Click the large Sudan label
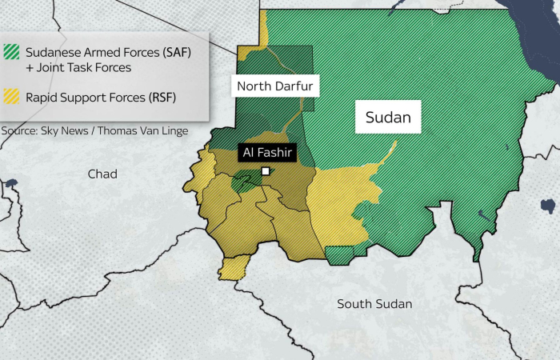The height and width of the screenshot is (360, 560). (388, 119)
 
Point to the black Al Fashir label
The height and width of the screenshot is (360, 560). (267, 152)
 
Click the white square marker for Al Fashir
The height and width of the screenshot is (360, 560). (265, 170)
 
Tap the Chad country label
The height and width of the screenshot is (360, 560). (102, 174)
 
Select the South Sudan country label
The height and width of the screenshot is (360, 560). (374, 303)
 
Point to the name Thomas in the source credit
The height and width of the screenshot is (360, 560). (121, 129)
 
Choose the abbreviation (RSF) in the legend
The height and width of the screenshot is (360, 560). (160, 98)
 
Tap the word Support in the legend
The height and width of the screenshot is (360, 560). (87, 98)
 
